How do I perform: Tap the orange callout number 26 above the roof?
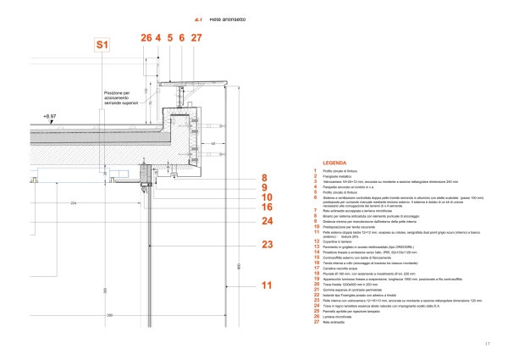[x=146, y=38]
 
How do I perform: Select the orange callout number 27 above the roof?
[x=196, y=38]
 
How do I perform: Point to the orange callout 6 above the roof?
[x=182, y=38]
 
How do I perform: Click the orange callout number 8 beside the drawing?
[x=263, y=178]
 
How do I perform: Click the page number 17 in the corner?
[x=487, y=342]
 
